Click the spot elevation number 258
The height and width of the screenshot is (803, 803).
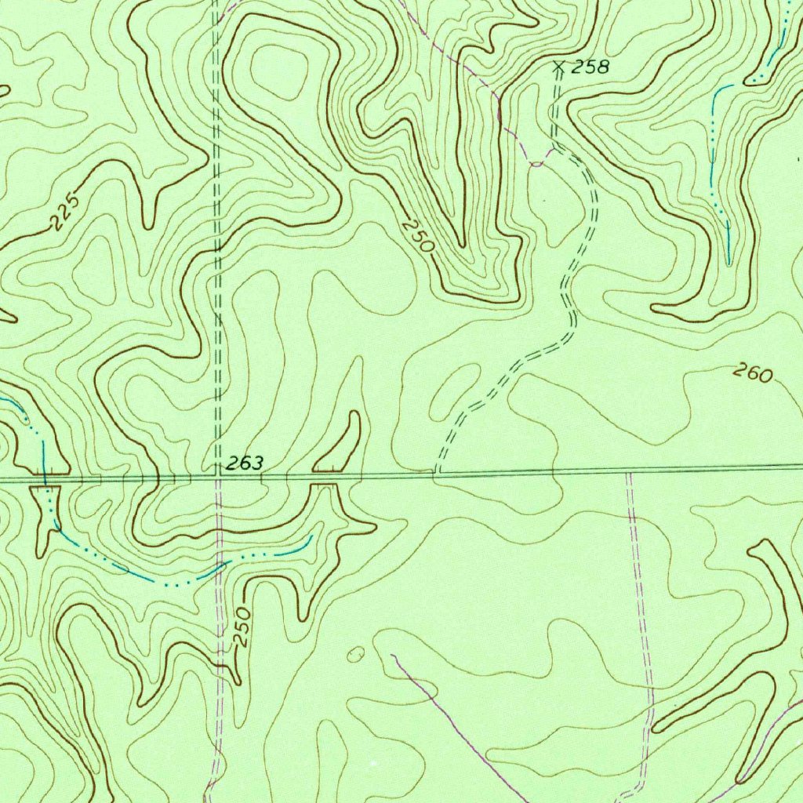click(590, 67)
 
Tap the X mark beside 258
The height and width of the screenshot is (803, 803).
click(559, 67)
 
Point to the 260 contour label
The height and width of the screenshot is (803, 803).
click(753, 373)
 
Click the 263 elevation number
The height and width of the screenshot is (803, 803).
click(245, 464)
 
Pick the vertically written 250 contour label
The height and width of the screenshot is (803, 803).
click(243, 627)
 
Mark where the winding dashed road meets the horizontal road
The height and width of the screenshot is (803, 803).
click(436, 474)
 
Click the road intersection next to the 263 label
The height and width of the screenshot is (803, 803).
click(219, 475)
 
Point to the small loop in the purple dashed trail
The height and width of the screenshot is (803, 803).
click(536, 163)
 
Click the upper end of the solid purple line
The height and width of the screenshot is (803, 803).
click(393, 655)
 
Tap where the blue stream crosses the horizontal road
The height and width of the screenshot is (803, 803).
click(45, 477)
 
